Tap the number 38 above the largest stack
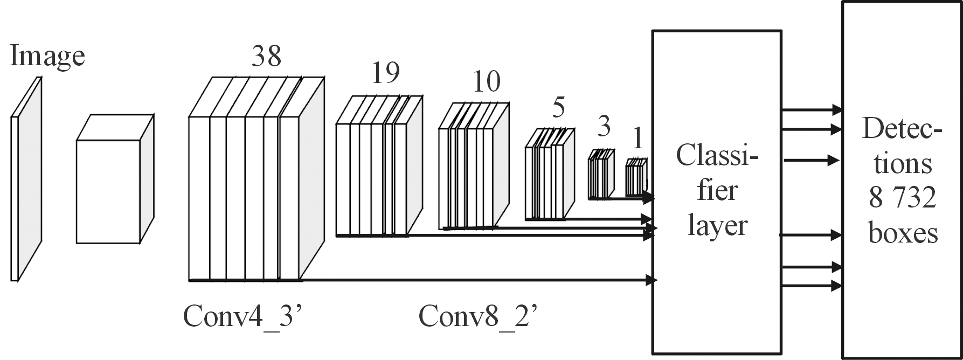[x=266, y=56]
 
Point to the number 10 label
[x=486, y=81]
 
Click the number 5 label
[x=558, y=108]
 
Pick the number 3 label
[x=604, y=127]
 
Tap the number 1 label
[x=638, y=140]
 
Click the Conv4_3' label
[x=245, y=316]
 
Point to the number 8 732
[x=903, y=199]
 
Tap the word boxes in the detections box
[x=903, y=234]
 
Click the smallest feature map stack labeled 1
[x=636, y=178]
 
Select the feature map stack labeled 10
[x=473, y=167]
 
